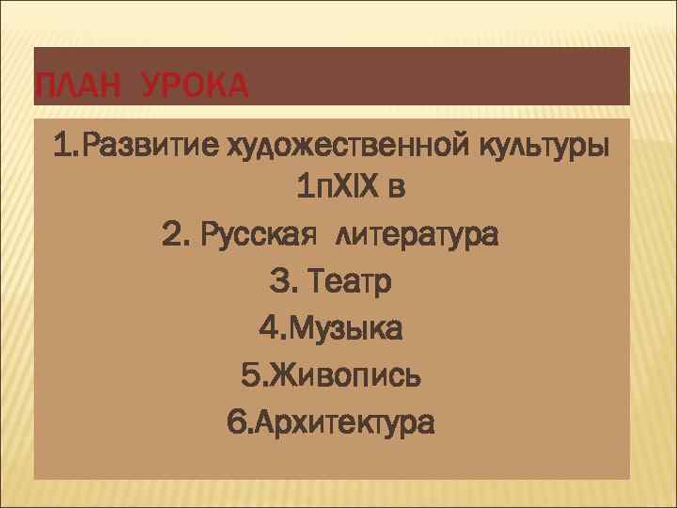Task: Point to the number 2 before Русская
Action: coord(170,235)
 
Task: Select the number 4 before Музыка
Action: coord(267,328)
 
